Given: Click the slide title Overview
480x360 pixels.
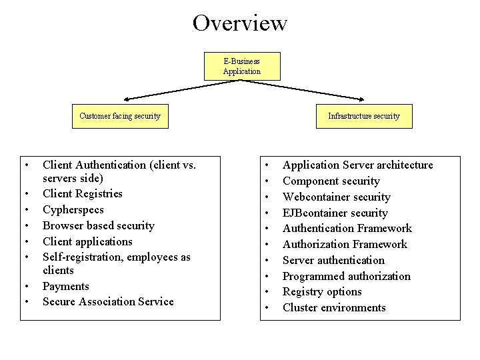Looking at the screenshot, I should point(240,23).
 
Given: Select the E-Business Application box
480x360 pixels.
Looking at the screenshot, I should point(241,67).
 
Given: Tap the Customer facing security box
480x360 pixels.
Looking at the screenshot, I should point(120,116).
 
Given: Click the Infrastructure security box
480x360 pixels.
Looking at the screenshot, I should point(363,116).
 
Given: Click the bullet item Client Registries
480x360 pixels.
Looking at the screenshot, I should point(83,194).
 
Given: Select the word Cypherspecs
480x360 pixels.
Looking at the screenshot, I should point(73,210).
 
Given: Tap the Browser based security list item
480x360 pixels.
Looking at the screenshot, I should point(98,226).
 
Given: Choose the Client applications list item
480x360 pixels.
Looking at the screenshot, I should point(87,241).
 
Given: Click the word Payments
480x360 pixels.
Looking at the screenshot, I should point(65,286).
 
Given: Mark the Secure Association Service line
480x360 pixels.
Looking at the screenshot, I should point(108,302).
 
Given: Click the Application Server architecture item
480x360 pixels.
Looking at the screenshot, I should point(357,165).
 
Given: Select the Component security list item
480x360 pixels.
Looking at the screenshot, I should point(331,181).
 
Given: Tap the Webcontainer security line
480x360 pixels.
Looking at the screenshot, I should point(336,197).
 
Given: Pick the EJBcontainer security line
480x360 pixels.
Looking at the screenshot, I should point(335,213).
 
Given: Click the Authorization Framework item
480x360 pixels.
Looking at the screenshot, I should point(345,245).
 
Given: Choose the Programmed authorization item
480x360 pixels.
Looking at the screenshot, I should point(346,276).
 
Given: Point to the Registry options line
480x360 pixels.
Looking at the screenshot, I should point(322,292).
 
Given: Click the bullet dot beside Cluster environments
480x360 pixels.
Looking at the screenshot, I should point(267,308).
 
